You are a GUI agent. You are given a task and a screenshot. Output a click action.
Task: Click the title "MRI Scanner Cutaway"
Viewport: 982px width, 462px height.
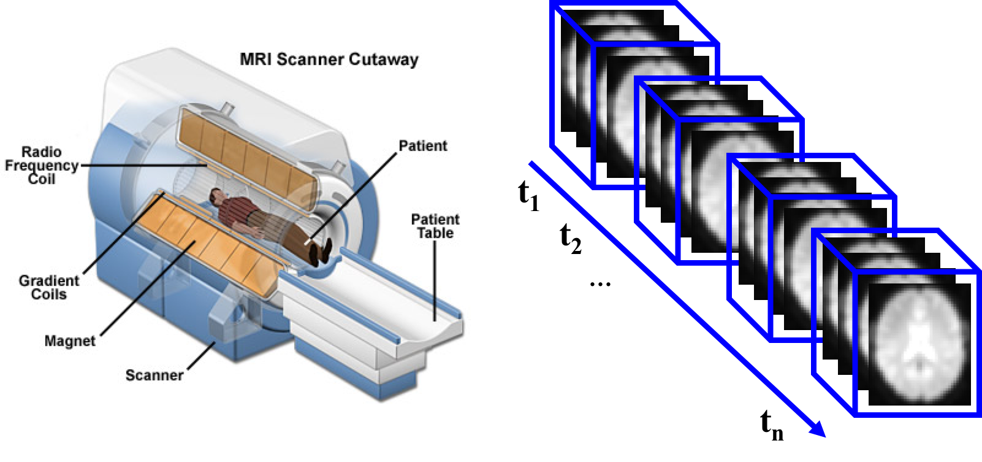(x=329, y=60)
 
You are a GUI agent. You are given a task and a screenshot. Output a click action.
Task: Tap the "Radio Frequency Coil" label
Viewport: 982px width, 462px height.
(x=42, y=166)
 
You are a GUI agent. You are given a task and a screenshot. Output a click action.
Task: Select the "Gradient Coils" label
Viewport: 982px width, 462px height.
(x=48, y=287)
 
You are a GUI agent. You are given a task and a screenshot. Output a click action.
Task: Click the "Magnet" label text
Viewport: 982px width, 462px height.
(x=70, y=341)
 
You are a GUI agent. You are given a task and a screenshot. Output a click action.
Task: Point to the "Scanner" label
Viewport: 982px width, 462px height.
(x=154, y=375)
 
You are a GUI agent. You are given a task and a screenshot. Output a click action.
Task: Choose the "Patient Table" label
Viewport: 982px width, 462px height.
(x=435, y=226)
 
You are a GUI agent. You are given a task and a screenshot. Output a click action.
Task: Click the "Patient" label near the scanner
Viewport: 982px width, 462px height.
(x=423, y=145)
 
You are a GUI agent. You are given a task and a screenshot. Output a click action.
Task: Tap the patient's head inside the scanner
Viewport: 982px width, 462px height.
(x=216, y=196)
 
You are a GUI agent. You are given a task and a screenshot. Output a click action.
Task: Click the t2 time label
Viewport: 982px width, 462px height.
(x=571, y=239)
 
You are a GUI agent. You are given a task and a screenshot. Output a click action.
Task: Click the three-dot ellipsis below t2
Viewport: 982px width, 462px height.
(x=600, y=285)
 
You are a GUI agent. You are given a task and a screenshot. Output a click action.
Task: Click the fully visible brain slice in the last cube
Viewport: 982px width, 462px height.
(x=919, y=344)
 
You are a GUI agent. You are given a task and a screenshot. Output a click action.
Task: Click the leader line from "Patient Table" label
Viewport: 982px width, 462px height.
(x=435, y=281)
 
